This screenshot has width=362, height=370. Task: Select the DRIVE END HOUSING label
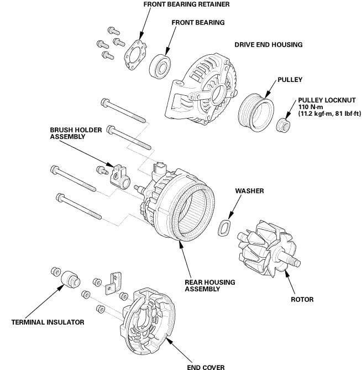[268, 44]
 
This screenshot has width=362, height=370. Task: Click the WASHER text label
[249, 191]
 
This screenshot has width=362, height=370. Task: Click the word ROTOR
[302, 300]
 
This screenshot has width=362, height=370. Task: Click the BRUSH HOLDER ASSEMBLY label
[69, 132]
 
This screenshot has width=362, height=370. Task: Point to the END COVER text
[205, 366]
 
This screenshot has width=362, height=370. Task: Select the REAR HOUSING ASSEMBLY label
[209, 286]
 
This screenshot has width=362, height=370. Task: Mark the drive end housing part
[204, 89]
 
